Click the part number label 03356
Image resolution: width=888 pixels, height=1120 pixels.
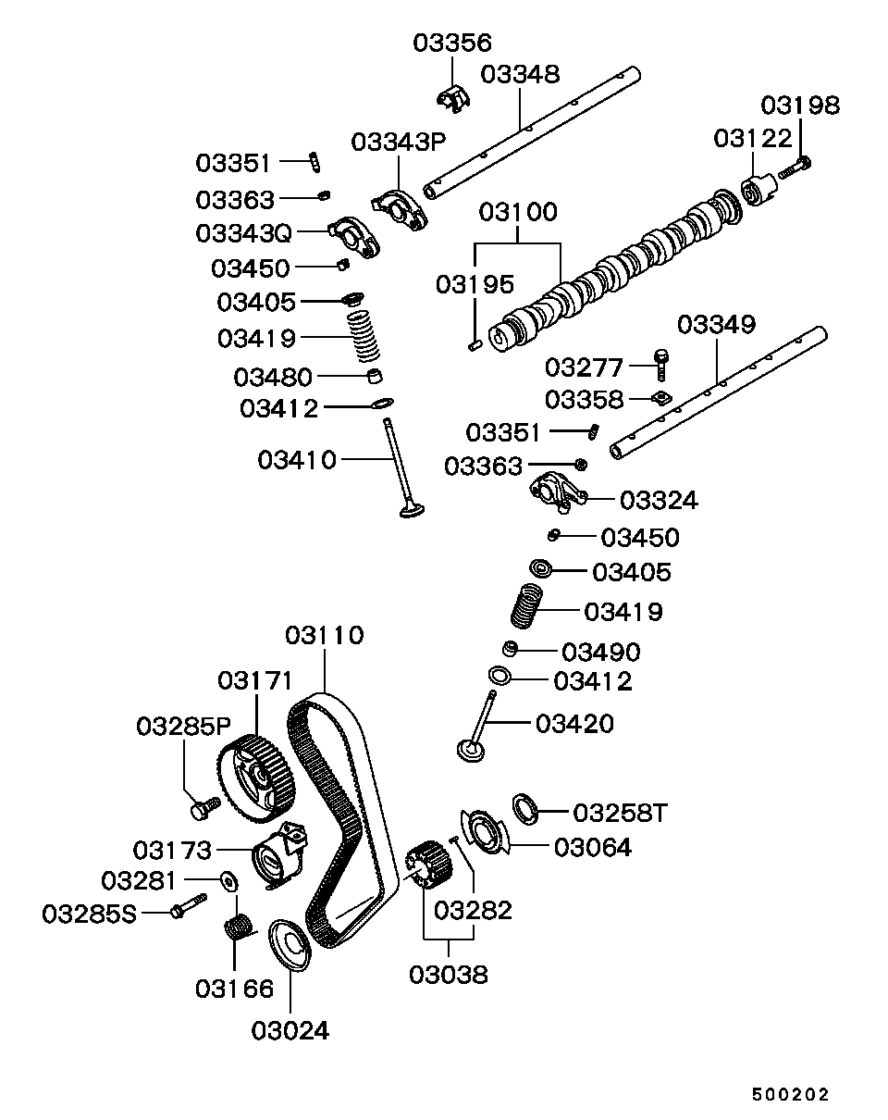tap(452, 43)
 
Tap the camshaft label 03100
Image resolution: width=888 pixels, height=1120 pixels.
tap(518, 212)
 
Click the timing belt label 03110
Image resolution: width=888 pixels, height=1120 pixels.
tap(324, 636)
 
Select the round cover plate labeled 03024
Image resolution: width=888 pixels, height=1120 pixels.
tap(290, 946)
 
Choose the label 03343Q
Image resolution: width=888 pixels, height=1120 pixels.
tap(243, 232)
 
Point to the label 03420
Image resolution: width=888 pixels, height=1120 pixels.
tap(574, 723)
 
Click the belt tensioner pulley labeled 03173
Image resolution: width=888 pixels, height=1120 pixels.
tap(277, 856)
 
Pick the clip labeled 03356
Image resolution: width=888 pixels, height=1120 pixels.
tap(452, 96)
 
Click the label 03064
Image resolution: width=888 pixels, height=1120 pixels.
tap(592, 847)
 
